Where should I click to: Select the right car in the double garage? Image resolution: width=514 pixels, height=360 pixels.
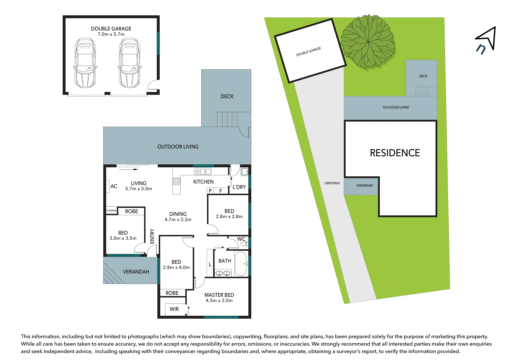(x=129, y=63)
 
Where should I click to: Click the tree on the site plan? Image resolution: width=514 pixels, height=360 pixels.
(x=368, y=42)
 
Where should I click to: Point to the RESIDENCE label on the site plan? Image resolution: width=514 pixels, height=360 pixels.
(x=395, y=153)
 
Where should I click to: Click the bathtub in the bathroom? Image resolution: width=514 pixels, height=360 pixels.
(x=241, y=264)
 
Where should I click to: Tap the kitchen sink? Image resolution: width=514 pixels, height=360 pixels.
(x=203, y=172)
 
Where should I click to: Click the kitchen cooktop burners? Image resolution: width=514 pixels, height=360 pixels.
(x=176, y=181)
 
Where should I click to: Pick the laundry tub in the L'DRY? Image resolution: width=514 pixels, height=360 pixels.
(x=244, y=172)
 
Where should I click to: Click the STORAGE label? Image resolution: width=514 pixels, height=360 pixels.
(x=111, y=211)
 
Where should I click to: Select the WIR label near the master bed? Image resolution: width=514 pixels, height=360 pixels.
(x=174, y=309)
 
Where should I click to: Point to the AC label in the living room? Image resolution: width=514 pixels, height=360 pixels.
(x=114, y=186)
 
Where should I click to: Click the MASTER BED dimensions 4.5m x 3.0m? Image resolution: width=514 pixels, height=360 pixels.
(x=219, y=300)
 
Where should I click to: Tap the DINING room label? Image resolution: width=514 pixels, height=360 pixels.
(x=178, y=214)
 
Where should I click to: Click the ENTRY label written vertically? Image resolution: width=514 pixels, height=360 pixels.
(x=152, y=236)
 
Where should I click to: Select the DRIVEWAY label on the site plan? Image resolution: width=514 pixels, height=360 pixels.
(x=332, y=183)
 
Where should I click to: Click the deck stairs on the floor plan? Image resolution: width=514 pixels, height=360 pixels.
(x=228, y=119)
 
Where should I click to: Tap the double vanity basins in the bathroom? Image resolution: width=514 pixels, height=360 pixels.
(x=223, y=273)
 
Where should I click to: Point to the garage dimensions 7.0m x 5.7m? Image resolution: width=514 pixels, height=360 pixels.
(x=111, y=34)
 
